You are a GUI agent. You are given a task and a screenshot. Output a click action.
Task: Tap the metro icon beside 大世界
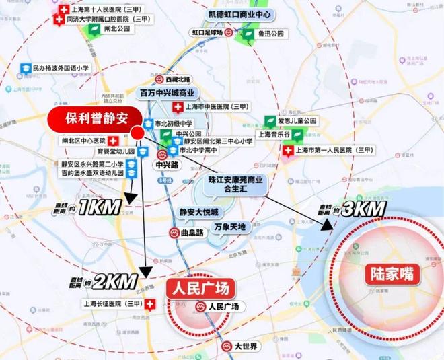(x=226, y=347)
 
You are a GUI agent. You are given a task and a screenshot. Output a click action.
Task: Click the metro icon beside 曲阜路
(x=174, y=232)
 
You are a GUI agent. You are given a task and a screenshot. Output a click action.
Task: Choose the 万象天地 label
(x=229, y=227)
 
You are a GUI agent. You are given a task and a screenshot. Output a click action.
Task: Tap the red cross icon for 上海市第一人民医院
(x=288, y=151)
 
